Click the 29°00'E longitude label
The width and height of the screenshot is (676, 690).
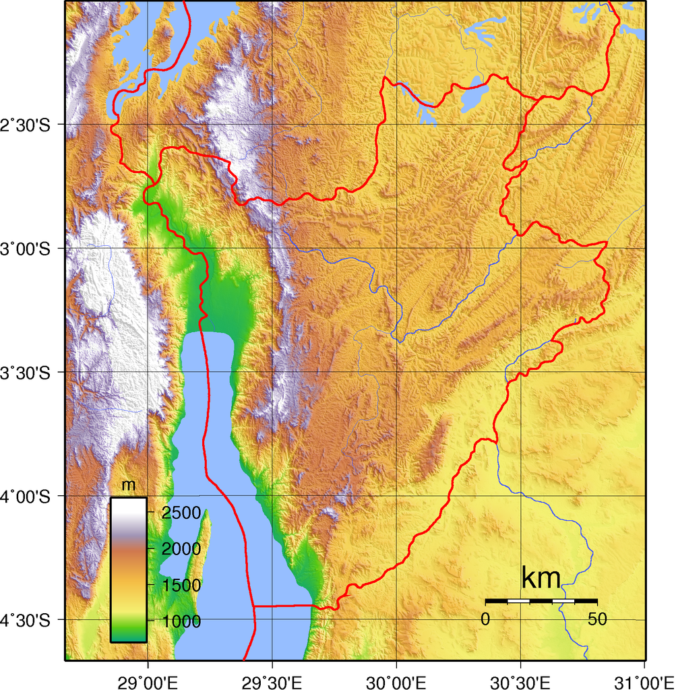pos(148,677)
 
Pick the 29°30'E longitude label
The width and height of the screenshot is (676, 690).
pos(272,677)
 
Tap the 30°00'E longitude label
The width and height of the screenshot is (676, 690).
pos(396,677)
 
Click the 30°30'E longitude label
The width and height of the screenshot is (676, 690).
pos(520,677)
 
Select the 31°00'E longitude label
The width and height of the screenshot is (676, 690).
pos(643,677)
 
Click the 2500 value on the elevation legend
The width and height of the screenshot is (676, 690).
pos(181,513)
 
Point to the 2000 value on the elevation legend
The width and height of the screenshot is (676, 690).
pos(181,548)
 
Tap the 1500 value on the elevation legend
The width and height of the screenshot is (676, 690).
pos(181,585)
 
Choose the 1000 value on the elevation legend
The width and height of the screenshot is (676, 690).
pos(181,621)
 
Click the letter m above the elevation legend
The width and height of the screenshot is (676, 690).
pos(128,486)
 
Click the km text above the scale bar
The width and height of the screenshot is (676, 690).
pos(541,578)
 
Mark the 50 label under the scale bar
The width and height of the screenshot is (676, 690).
pos(597,619)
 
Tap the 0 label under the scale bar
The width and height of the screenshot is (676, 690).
pos(485,619)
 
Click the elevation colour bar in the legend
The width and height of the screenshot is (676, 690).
pos(128,569)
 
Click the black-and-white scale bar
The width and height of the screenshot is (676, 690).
pos(541,600)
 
